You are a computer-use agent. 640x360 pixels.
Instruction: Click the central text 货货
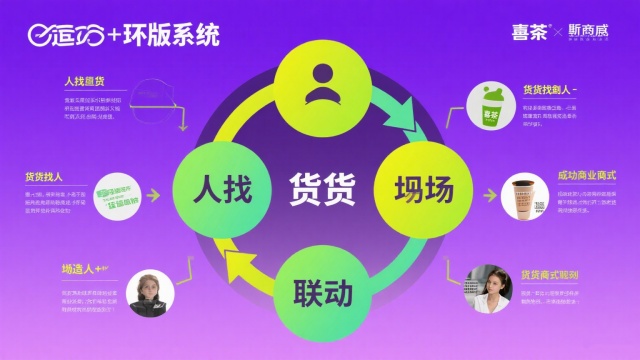323,187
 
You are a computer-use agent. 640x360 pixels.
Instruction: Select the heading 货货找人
44,176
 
